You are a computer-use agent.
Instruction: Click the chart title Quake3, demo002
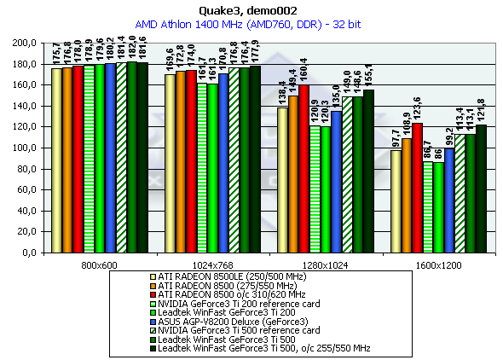[248, 11]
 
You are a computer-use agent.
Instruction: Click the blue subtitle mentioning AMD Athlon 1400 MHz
[248, 25]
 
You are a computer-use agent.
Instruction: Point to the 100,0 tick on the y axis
[24, 148]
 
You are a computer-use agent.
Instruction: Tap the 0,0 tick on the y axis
[29, 253]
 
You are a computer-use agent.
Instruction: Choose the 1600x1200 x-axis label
[438, 265]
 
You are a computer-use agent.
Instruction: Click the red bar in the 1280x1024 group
[304, 169]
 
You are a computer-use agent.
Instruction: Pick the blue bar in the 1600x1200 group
[449, 200]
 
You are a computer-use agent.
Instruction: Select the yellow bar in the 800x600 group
[56, 160]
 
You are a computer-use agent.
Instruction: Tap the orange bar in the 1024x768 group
[181, 162]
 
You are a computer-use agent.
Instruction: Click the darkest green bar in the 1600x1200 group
[481, 189]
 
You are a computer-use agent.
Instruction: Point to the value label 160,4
[304, 69]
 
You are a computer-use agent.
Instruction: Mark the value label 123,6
[417, 108]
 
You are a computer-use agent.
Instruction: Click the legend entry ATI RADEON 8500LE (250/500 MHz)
[228, 276]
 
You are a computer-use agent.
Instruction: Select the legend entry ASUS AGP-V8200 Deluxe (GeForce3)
[229, 322]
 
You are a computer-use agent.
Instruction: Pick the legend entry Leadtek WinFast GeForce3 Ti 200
[223, 312]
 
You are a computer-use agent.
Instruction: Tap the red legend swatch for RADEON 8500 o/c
[153, 294]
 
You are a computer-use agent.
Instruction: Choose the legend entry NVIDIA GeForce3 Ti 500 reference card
[234, 330]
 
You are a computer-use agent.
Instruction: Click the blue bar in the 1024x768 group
[223, 163]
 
